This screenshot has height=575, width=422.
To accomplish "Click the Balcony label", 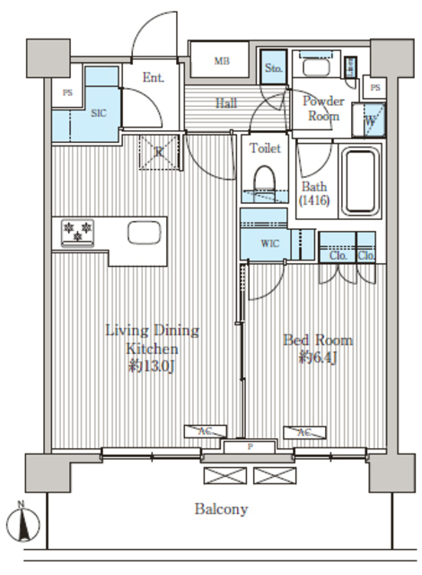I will (221, 509).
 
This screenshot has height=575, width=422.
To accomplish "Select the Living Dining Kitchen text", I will (151, 348).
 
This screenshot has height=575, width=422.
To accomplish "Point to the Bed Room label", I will (318, 349).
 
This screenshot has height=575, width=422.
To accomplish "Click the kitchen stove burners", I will (77, 232).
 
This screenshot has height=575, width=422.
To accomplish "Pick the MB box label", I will (222, 61).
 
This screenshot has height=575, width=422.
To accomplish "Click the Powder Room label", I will (322, 109).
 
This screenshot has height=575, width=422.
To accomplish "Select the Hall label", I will (226, 103).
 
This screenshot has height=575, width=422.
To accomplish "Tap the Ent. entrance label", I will (154, 77).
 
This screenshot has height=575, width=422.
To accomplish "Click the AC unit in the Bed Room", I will (303, 432).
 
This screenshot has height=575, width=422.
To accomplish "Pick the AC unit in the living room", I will (205, 432).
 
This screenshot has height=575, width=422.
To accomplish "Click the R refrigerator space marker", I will (159, 153).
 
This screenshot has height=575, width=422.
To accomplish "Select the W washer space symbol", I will (371, 117).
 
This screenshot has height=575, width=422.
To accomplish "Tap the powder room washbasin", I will (317, 66).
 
